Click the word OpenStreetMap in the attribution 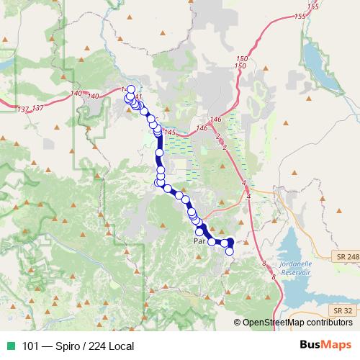click(275, 323)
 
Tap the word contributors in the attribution click(330, 323)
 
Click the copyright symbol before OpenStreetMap click(236, 323)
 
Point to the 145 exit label click(170, 132)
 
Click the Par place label click(199, 242)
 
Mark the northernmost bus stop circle click(130, 90)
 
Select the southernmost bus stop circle click(230, 251)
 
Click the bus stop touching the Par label click(199, 232)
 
